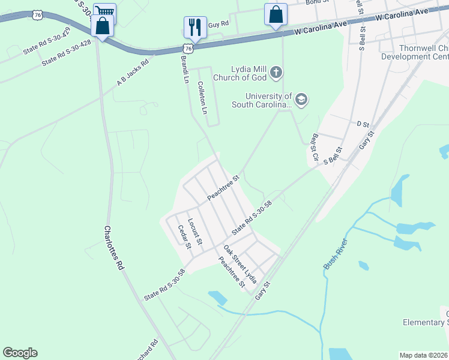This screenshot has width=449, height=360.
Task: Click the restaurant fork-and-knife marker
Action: [195, 27]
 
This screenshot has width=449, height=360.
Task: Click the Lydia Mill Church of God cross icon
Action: [276, 73]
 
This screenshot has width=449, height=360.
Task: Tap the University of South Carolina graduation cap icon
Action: [301, 100]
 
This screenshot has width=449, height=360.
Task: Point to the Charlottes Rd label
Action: [113, 248]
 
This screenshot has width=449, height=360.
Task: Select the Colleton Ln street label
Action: [202, 98]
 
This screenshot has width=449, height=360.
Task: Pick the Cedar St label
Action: [184, 236]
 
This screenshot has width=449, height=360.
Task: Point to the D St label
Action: [362, 124]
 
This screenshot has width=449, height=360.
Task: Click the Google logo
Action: [20, 353]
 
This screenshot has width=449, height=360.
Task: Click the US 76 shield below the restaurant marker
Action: [188, 47]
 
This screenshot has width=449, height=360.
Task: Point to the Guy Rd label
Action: [218, 24]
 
